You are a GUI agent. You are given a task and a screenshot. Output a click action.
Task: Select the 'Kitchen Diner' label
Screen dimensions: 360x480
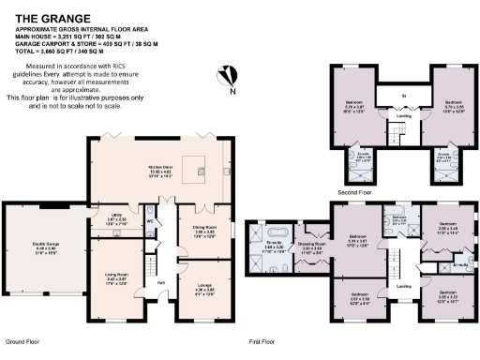click(x=160, y=171)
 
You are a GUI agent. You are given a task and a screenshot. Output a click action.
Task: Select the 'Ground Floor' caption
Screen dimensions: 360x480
click(x=22, y=343)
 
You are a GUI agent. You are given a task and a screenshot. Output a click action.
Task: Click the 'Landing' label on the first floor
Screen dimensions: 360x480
click(x=405, y=285)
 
